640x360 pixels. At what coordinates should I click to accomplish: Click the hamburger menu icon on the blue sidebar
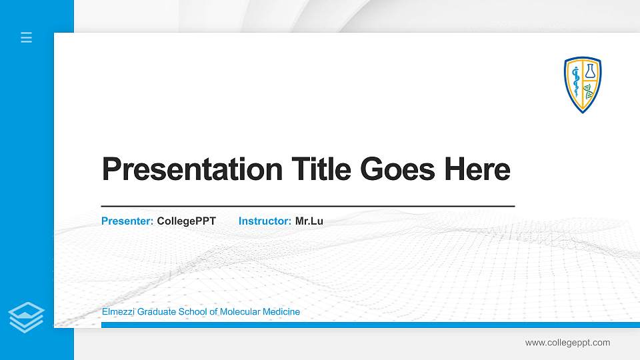click(x=26, y=37)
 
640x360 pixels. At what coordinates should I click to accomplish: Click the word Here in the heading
click(x=477, y=169)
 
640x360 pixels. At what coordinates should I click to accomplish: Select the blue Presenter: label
click(x=127, y=221)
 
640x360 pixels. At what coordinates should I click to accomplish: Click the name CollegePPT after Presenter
click(x=186, y=221)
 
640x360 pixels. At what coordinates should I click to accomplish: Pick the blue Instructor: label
click(x=265, y=221)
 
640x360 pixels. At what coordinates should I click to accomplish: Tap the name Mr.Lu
click(x=309, y=221)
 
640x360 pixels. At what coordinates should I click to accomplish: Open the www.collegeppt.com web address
click(x=567, y=343)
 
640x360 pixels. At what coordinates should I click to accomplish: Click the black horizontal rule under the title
click(x=307, y=207)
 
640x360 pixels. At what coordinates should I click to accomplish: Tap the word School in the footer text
click(x=192, y=312)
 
